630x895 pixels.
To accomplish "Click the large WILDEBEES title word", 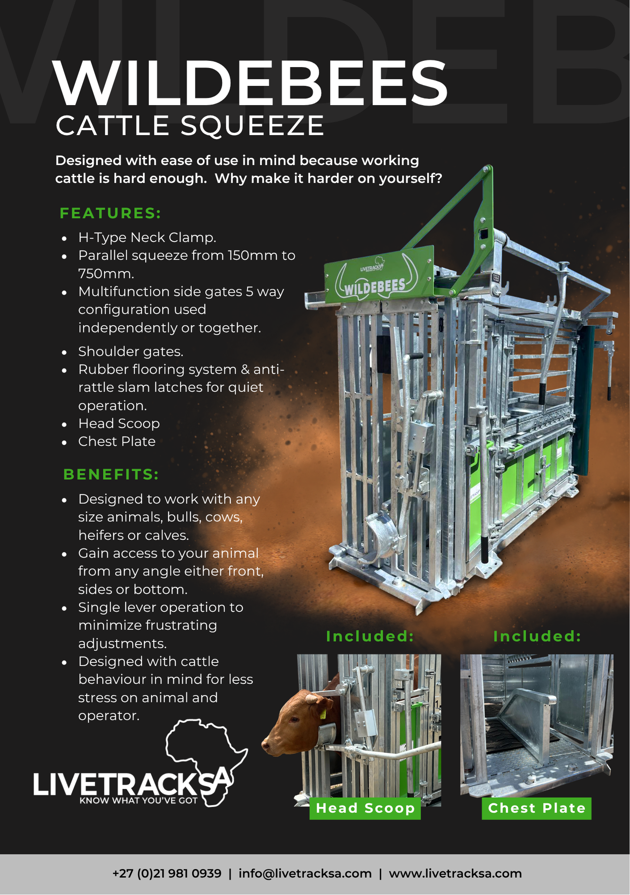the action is click(250, 83).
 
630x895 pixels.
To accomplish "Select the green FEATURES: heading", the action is click(110, 213).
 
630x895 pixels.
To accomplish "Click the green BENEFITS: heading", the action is click(111, 474).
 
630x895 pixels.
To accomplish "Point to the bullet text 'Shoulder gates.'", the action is click(131, 352).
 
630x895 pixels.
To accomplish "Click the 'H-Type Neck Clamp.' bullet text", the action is click(147, 238).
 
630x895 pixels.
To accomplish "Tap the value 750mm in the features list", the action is click(106, 273).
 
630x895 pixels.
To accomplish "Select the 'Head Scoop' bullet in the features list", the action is click(119, 423).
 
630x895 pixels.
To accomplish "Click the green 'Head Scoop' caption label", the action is click(365, 808).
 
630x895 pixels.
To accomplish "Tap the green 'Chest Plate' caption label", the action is click(537, 808).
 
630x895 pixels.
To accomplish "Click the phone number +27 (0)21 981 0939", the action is click(167, 874).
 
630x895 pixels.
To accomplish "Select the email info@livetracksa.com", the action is click(305, 874).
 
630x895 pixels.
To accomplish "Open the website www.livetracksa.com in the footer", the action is click(455, 874).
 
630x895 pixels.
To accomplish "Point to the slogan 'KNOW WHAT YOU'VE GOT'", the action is click(139, 801).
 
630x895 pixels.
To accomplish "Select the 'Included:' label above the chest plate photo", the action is click(537, 636).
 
